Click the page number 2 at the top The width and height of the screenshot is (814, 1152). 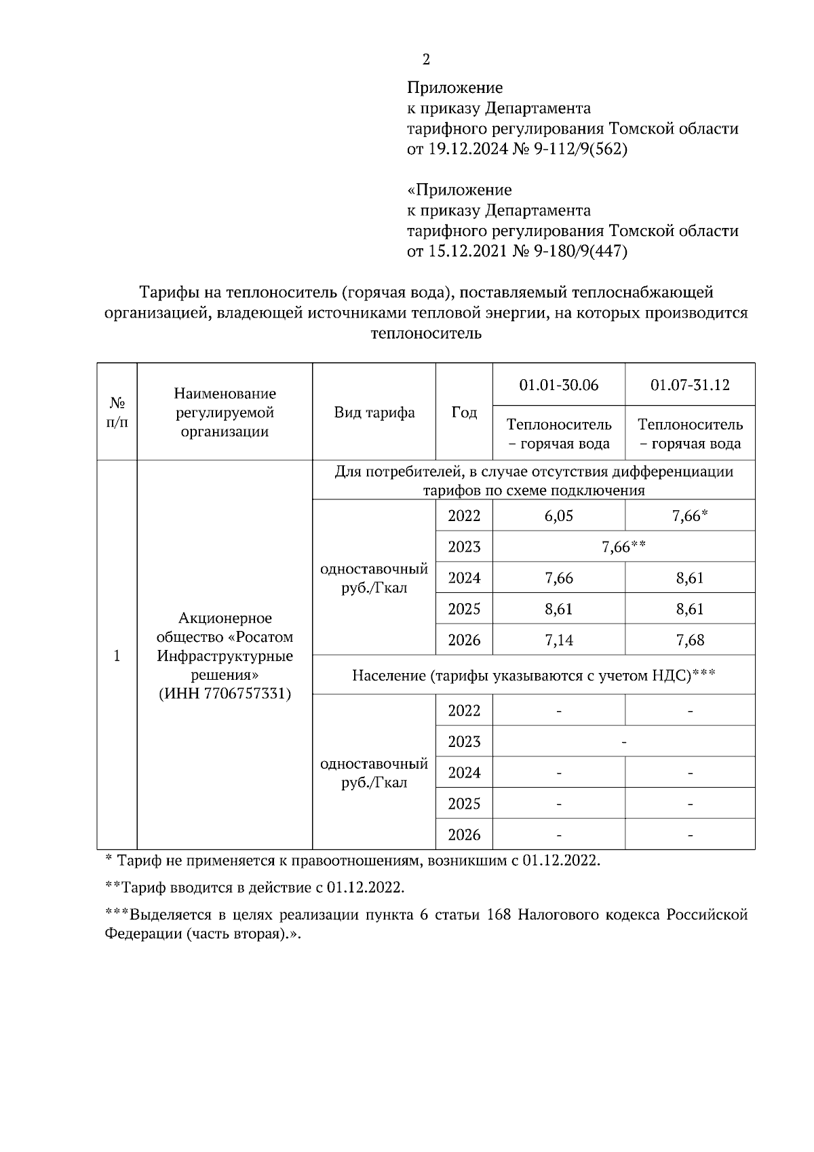click(426, 60)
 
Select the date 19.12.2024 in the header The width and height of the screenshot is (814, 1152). click(467, 149)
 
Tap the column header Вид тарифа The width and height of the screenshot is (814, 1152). click(374, 412)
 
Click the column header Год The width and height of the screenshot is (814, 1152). click(464, 412)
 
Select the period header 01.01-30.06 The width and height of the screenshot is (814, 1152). click(558, 385)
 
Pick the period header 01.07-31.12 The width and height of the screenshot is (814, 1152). click(690, 385)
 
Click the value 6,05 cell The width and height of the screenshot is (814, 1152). click(558, 516)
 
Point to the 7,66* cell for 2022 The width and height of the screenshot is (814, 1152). click(690, 516)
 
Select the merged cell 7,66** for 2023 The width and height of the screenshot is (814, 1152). click(623, 547)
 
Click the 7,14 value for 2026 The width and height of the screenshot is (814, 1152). click(558, 640)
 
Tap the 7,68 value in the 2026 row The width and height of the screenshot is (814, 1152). click(690, 640)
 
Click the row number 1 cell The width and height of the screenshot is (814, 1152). click(117, 655)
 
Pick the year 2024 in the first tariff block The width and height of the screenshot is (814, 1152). click(464, 578)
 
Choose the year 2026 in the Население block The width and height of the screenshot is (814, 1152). click(464, 834)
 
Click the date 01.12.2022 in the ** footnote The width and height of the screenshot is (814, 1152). click(364, 887)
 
